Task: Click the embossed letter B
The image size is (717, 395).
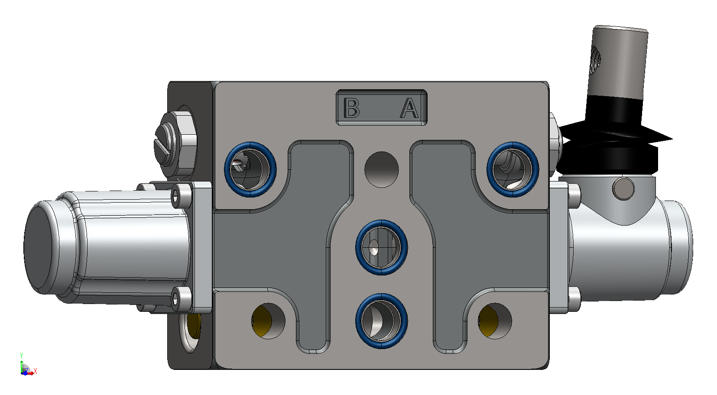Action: pyautogui.click(x=351, y=107)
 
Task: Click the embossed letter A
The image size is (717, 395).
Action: pyautogui.click(x=409, y=108)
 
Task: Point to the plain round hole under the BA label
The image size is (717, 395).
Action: pyautogui.click(x=382, y=170)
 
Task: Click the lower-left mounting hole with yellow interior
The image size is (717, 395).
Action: pyautogui.click(x=268, y=321)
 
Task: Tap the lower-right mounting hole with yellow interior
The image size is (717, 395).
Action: pyautogui.click(x=495, y=321)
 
